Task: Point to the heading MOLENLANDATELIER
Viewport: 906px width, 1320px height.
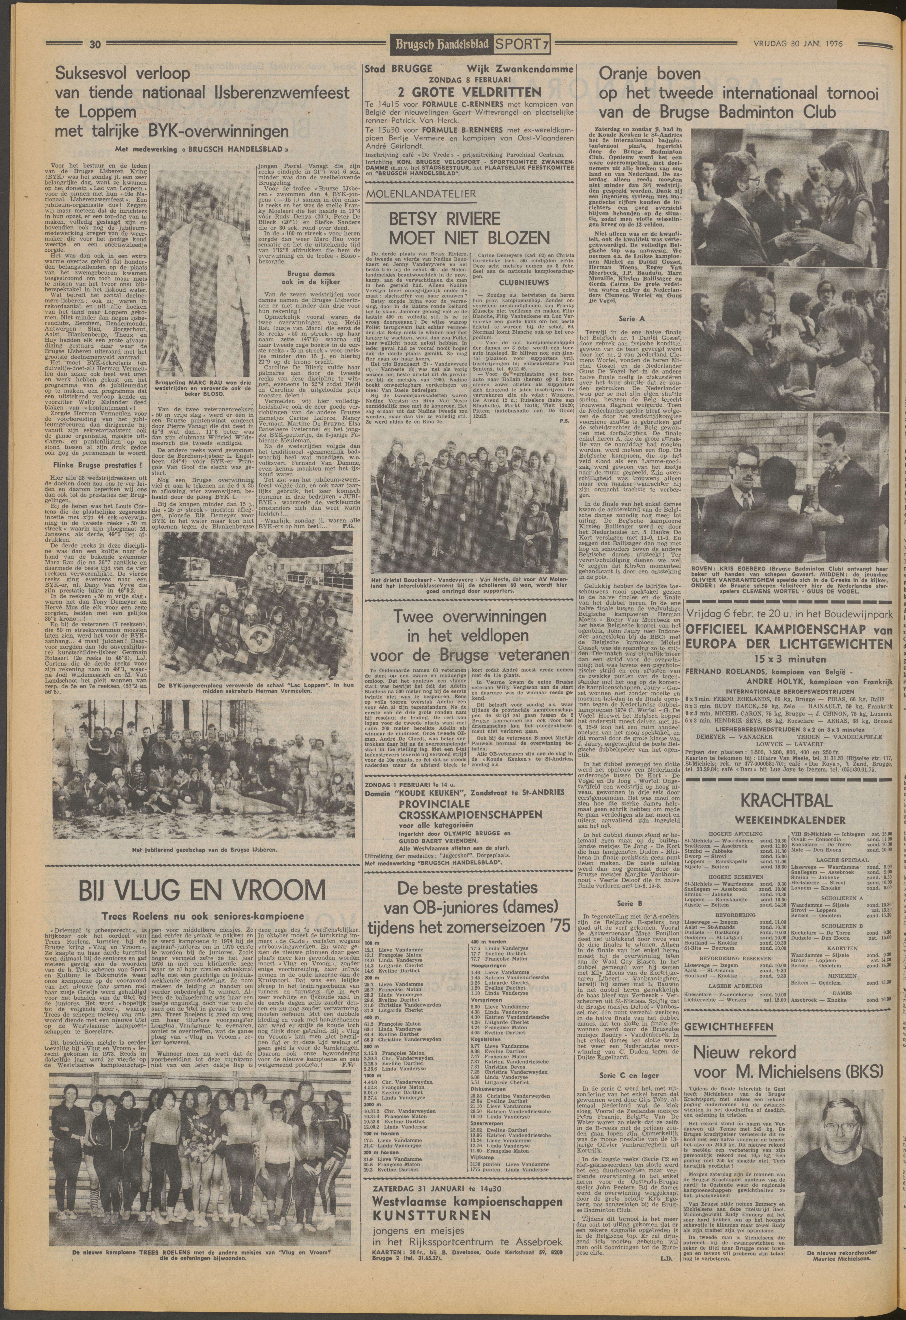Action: [x=421, y=194]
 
